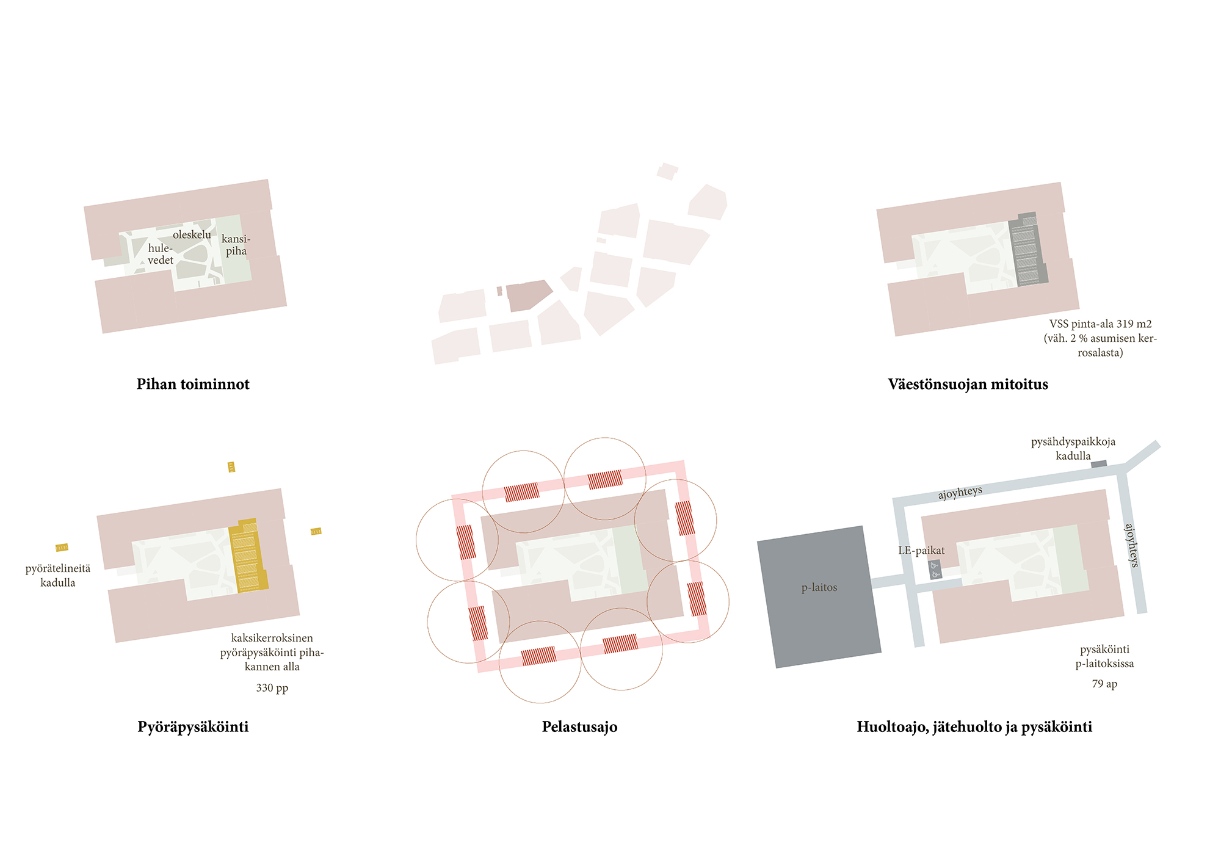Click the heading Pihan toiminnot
pos(193,384)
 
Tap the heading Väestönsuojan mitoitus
pos(968,384)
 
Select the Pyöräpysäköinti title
pos(193,726)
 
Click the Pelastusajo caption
pos(579,726)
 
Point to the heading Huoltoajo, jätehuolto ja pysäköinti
pos(974,726)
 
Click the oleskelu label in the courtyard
pos(192,234)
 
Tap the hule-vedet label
pos(161,254)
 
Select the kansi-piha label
pos(236,245)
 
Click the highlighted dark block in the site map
pos(527,295)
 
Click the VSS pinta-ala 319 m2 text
pos(1100,324)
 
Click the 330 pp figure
pos(272,688)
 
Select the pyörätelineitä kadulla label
pos(58,576)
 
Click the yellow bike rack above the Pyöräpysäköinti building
pos(231,467)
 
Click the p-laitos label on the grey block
pos(819,587)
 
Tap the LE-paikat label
pos(921,551)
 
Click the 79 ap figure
pos(1104,684)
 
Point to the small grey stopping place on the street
pos(1099,464)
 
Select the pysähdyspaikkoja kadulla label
pos(1073,449)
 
